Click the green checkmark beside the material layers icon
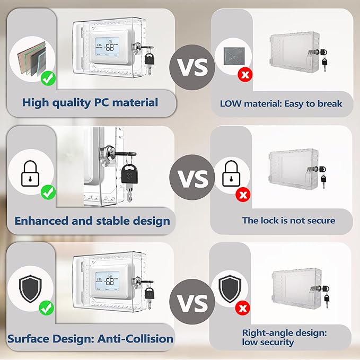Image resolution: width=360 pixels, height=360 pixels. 48,78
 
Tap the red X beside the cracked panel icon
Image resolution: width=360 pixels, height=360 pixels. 245,75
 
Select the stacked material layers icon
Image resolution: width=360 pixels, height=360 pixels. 32,59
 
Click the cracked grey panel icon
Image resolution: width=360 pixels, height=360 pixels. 234,56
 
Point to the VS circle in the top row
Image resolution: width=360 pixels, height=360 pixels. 192,67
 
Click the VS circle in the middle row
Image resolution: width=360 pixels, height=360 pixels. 192,177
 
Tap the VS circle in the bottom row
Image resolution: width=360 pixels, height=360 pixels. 192,302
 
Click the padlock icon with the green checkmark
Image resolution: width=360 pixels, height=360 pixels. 30,174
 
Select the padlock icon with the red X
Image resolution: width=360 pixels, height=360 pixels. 231,174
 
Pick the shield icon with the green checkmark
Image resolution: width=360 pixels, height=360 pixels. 30,288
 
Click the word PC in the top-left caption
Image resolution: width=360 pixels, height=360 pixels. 101,102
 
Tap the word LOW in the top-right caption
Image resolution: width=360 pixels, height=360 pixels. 231,104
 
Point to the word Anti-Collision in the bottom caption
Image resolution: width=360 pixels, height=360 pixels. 135,339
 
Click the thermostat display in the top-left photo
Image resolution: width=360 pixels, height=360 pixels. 107,47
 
